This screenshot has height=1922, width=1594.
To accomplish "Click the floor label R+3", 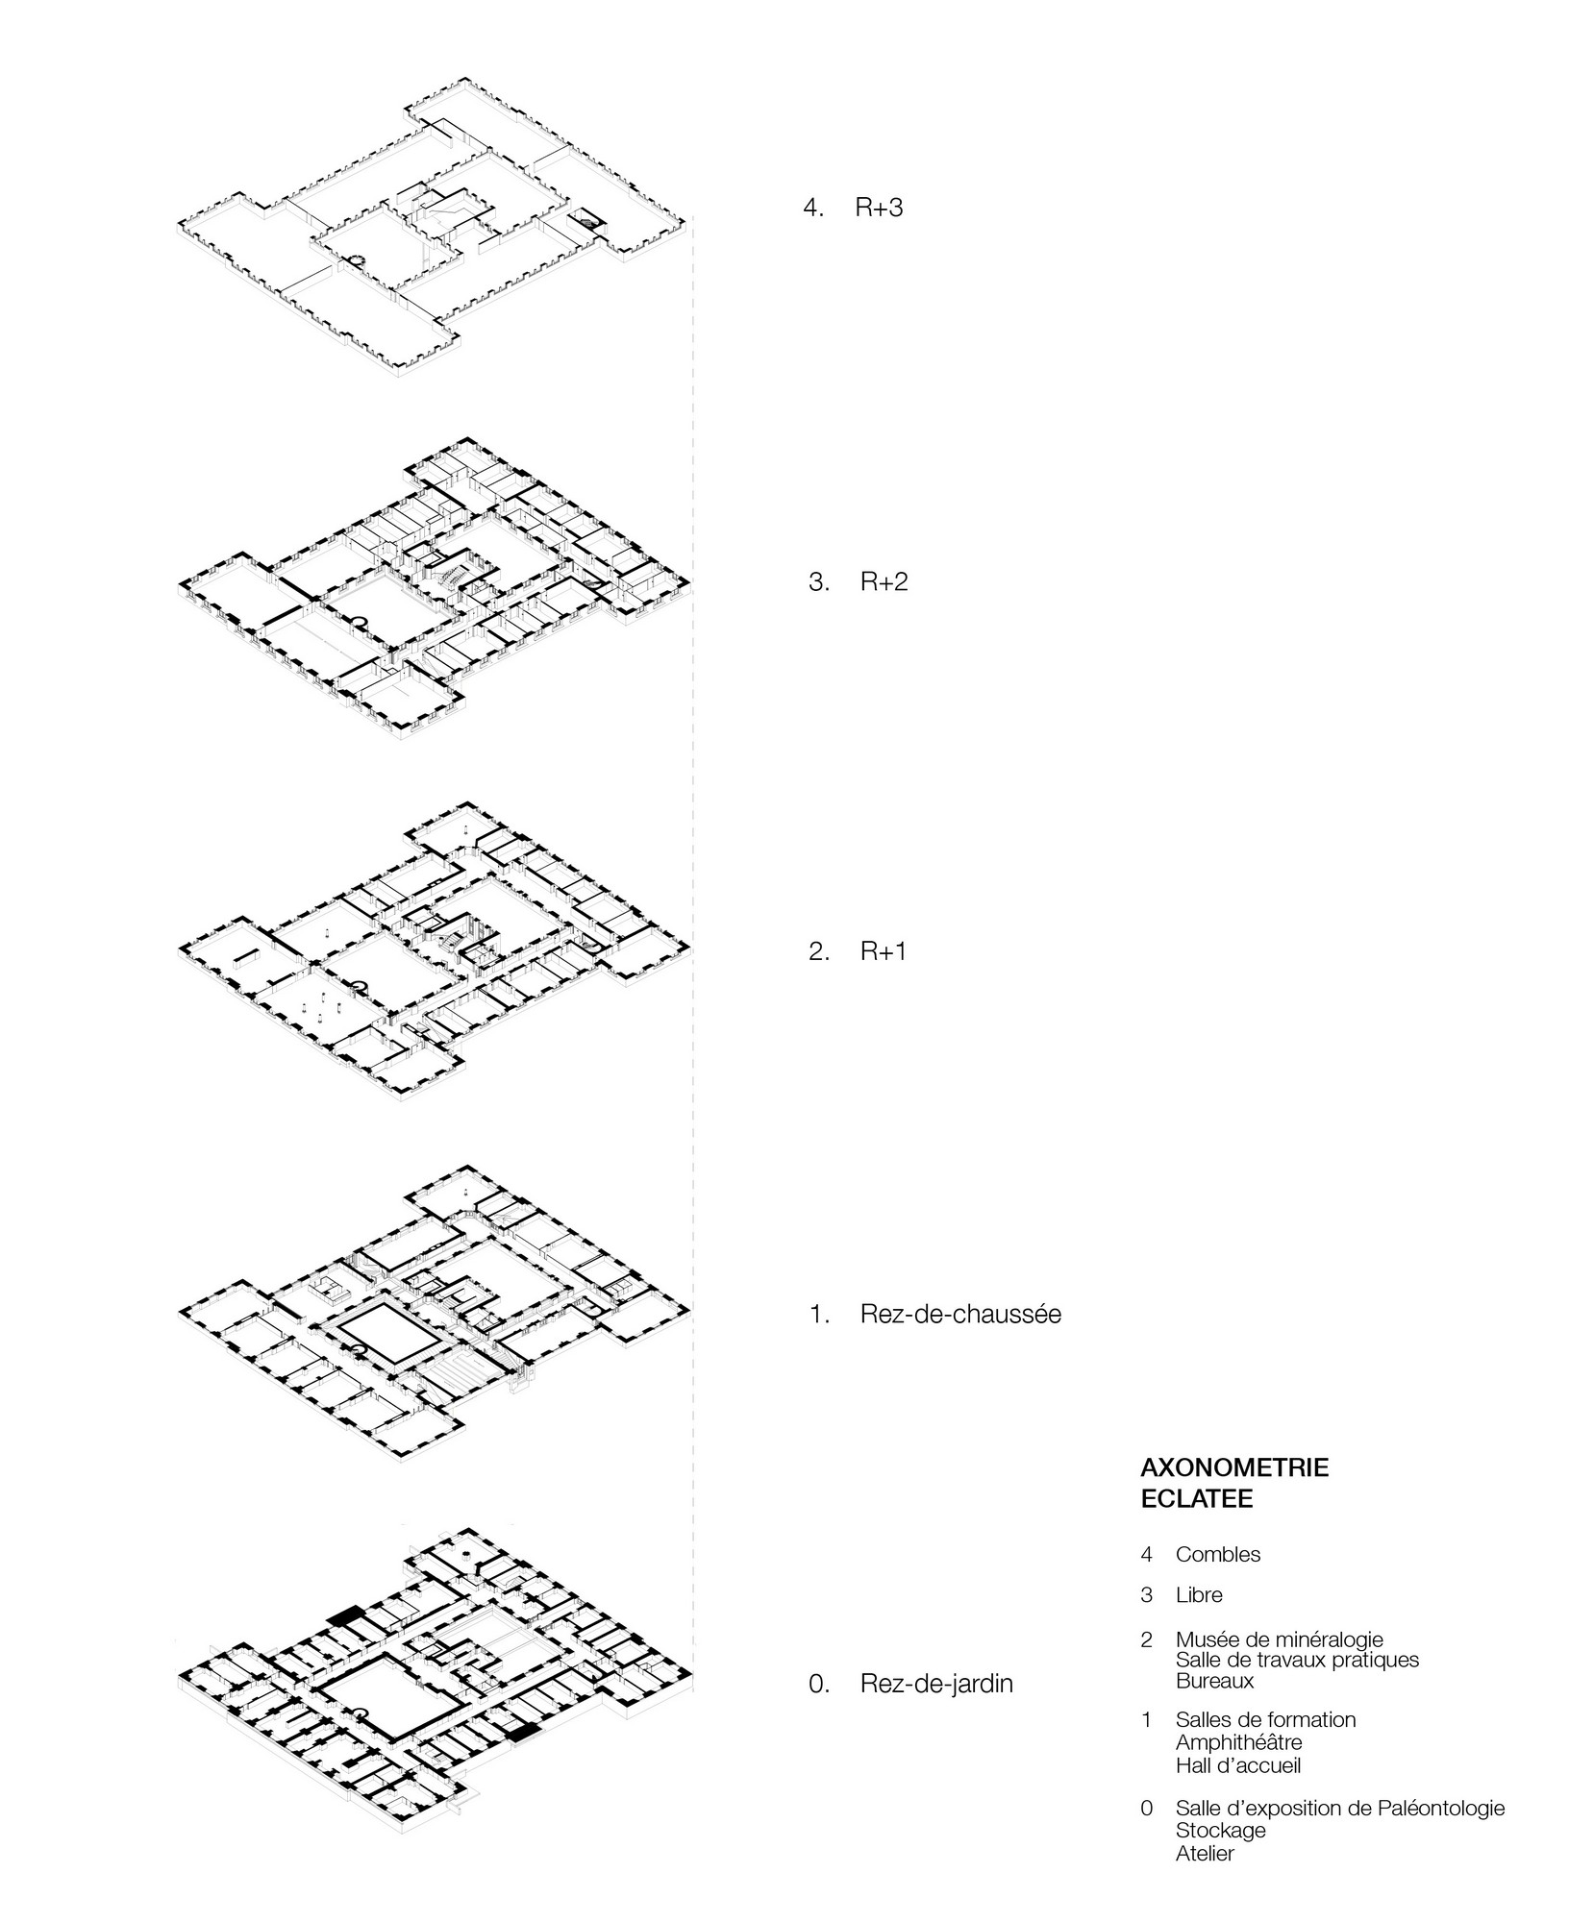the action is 880,208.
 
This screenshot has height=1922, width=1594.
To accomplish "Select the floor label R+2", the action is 884,581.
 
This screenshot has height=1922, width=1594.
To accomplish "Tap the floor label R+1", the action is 884,952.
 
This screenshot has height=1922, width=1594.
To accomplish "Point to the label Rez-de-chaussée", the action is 961,1314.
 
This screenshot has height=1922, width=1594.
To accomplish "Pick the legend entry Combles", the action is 1218,1555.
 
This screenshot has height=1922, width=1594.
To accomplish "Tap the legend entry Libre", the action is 1199,1595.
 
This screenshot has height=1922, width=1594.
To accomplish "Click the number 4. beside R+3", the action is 814,208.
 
